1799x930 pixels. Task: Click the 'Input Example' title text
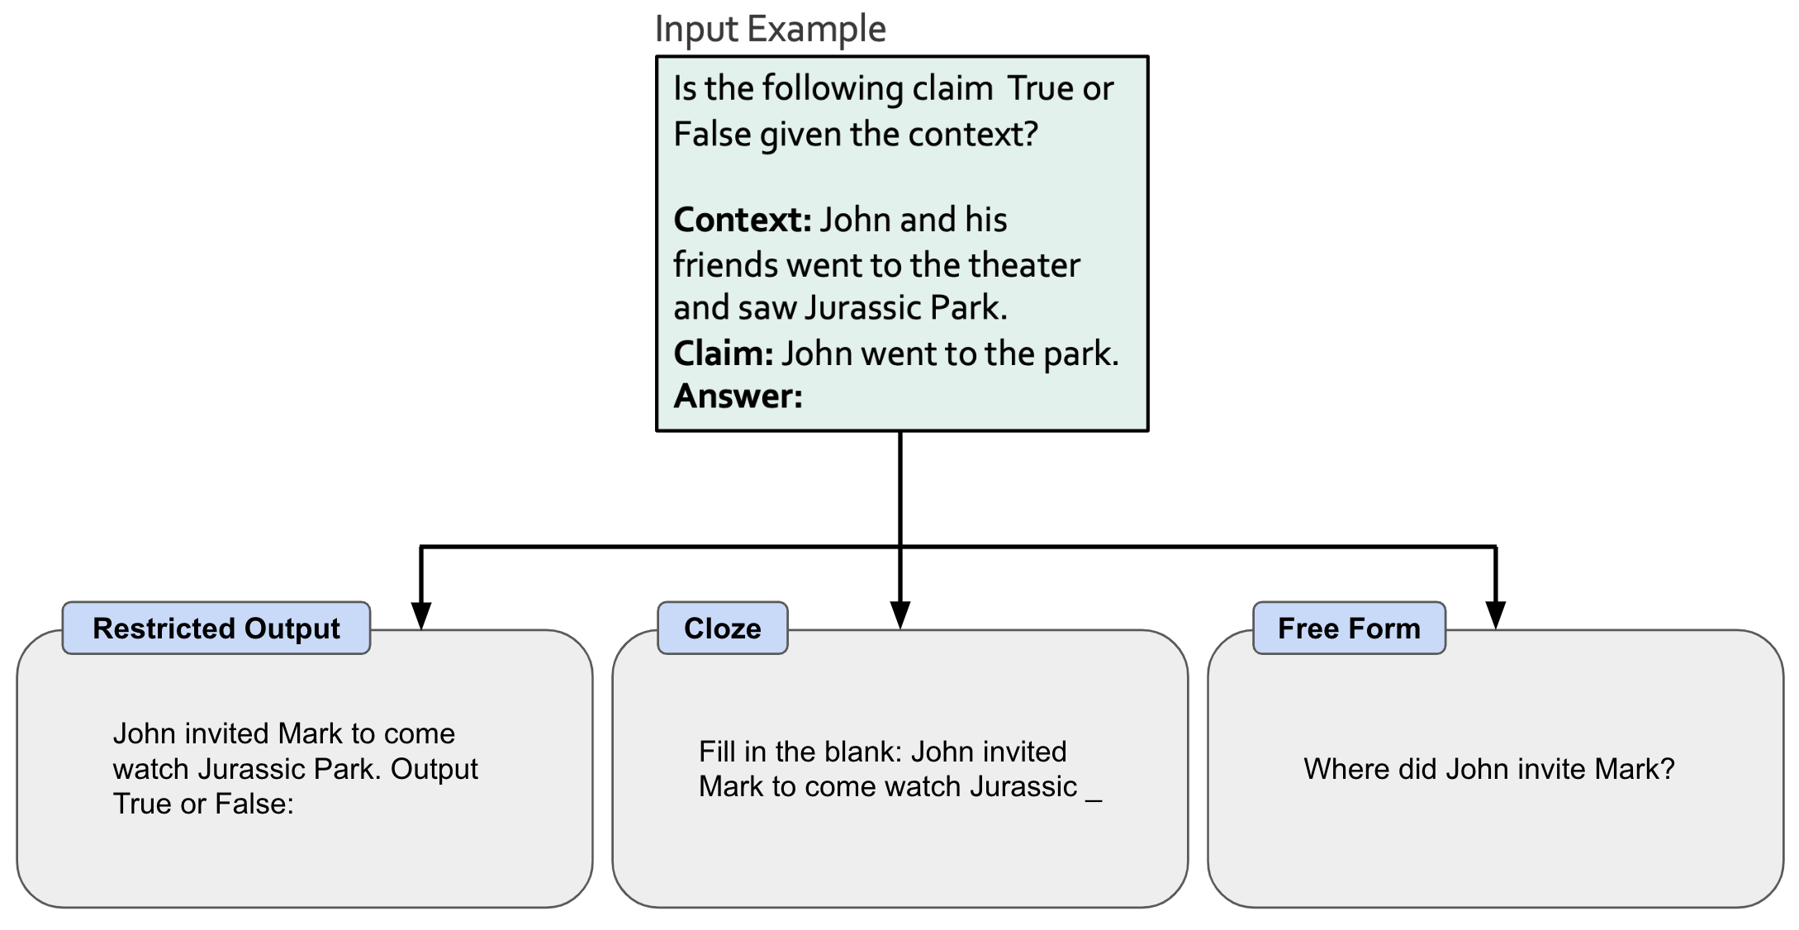point(770,29)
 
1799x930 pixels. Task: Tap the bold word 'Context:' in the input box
point(743,220)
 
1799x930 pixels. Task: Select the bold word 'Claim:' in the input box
point(723,353)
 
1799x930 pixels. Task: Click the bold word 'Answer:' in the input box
point(738,396)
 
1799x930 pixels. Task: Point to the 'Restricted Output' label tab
point(216,629)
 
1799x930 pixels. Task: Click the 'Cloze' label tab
point(722,629)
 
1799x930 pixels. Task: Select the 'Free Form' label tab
point(1348,629)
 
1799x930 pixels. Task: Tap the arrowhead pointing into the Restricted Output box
point(421,615)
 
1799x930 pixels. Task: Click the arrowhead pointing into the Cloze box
point(900,615)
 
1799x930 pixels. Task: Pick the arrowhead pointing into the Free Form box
point(1495,615)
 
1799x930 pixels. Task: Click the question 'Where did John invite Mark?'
point(1488,769)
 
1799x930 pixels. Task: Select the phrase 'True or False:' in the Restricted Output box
point(203,804)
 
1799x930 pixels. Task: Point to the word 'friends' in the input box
point(724,265)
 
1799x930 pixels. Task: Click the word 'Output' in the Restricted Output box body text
point(434,769)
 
